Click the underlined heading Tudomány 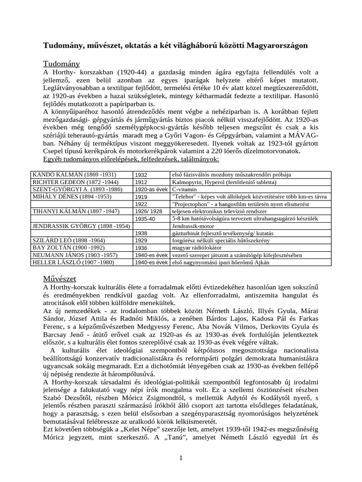point(62,64)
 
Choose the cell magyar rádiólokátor point(197,248)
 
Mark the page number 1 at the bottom point(181,458)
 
